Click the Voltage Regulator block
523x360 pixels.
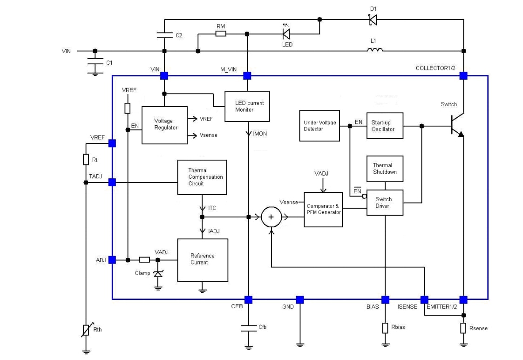click(x=166, y=125)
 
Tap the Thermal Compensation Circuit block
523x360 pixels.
click(x=202, y=177)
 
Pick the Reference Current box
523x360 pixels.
click(x=203, y=260)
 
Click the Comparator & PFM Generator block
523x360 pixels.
click(x=323, y=209)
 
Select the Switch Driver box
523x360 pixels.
click(x=385, y=203)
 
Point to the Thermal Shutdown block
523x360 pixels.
click(x=385, y=169)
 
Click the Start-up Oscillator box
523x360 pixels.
click(x=384, y=125)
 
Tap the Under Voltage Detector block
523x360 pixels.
click(x=319, y=125)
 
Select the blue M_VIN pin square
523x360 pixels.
click(x=247, y=75)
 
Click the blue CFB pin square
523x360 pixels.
click(x=248, y=299)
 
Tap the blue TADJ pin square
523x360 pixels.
click(x=112, y=183)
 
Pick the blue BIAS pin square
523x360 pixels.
click(x=385, y=299)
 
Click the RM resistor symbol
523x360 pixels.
click(x=221, y=34)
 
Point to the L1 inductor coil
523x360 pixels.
click(x=375, y=50)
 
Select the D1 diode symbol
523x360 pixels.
click(x=373, y=20)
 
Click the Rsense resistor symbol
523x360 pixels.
click(x=463, y=328)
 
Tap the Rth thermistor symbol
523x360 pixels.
click(x=86, y=330)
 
